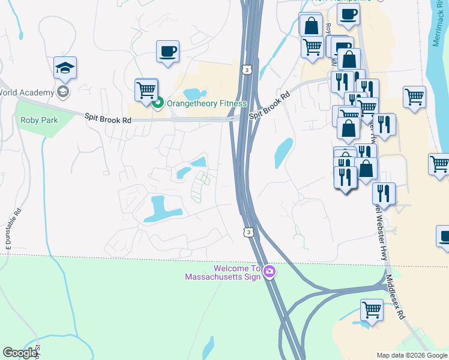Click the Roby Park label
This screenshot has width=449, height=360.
coord(39,120)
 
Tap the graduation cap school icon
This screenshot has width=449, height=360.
coord(65,68)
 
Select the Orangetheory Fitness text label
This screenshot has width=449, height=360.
coord(207,103)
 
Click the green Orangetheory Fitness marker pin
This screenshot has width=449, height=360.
coord(158,103)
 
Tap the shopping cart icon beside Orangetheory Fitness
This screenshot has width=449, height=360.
coord(146,90)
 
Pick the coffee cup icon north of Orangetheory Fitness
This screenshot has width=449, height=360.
coord(167,51)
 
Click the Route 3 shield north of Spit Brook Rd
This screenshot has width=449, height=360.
coord(247,70)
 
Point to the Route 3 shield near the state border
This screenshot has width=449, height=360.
coord(248,231)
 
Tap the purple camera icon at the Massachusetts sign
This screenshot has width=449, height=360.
coord(270,272)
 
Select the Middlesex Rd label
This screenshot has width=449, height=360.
coord(396,296)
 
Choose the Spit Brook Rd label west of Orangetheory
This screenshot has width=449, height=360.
coord(107,119)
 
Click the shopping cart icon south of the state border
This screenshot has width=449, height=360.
coord(372,310)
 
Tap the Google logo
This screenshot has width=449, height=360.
coord(20,353)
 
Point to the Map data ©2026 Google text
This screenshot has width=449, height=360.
coord(412,355)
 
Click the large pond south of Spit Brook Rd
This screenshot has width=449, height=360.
coord(158,207)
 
